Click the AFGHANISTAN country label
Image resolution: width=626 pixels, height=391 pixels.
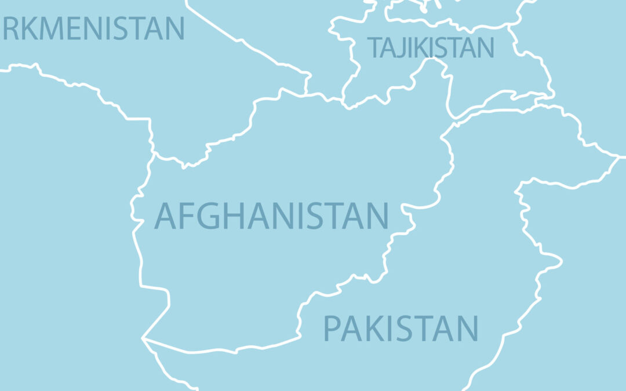click(x=271, y=215)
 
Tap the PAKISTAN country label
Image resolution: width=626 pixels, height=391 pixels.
click(x=401, y=328)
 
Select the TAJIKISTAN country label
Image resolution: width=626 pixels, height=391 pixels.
click(x=431, y=47)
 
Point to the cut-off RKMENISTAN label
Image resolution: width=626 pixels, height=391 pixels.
click(x=93, y=28)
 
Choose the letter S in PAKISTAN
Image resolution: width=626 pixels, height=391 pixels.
click(x=411, y=328)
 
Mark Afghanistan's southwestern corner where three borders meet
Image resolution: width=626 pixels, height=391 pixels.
click(x=143, y=338)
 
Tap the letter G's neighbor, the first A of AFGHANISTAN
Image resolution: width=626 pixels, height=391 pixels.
click(x=165, y=215)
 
